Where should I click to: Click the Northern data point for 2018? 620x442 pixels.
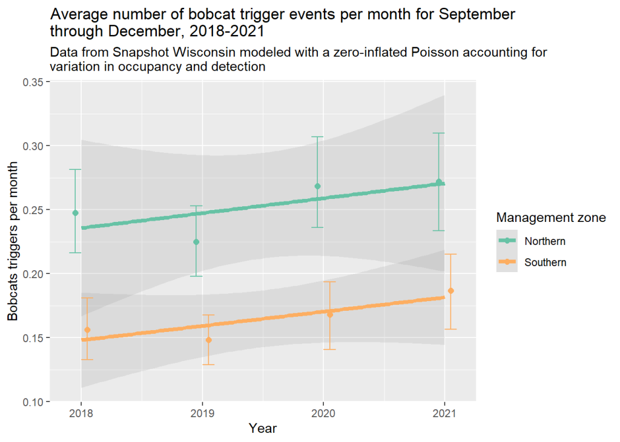click(x=75, y=213)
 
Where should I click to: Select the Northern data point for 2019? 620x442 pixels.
click(x=196, y=242)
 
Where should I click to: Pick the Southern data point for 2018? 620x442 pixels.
click(x=87, y=330)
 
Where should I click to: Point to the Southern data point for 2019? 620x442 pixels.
click(x=208, y=340)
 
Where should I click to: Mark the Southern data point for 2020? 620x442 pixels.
click(x=329, y=314)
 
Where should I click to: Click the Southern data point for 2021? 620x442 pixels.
click(x=450, y=291)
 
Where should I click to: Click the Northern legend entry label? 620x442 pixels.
click(x=545, y=241)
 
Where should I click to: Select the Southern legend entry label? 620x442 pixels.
click(x=546, y=262)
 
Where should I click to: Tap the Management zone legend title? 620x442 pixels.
click(x=550, y=218)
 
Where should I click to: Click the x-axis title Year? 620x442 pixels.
click(x=263, y=429)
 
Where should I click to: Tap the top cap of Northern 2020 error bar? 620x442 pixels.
click(x=317, y=137)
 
